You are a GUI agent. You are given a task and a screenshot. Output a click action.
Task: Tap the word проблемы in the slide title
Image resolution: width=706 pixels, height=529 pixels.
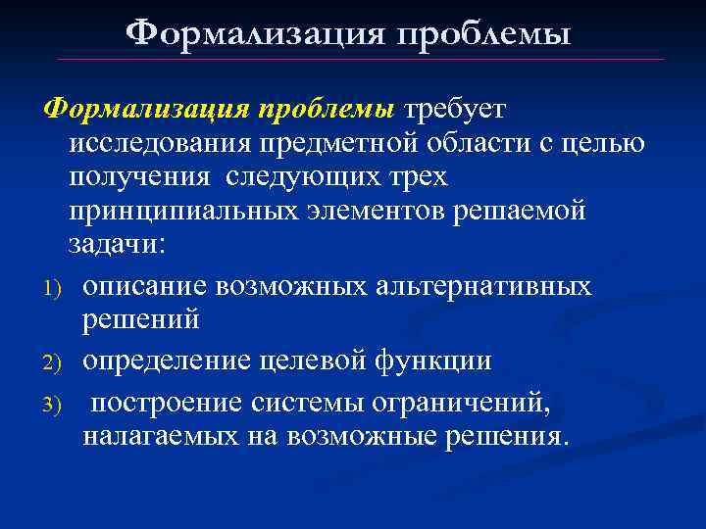pyautogui.click(x=481, y=34)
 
